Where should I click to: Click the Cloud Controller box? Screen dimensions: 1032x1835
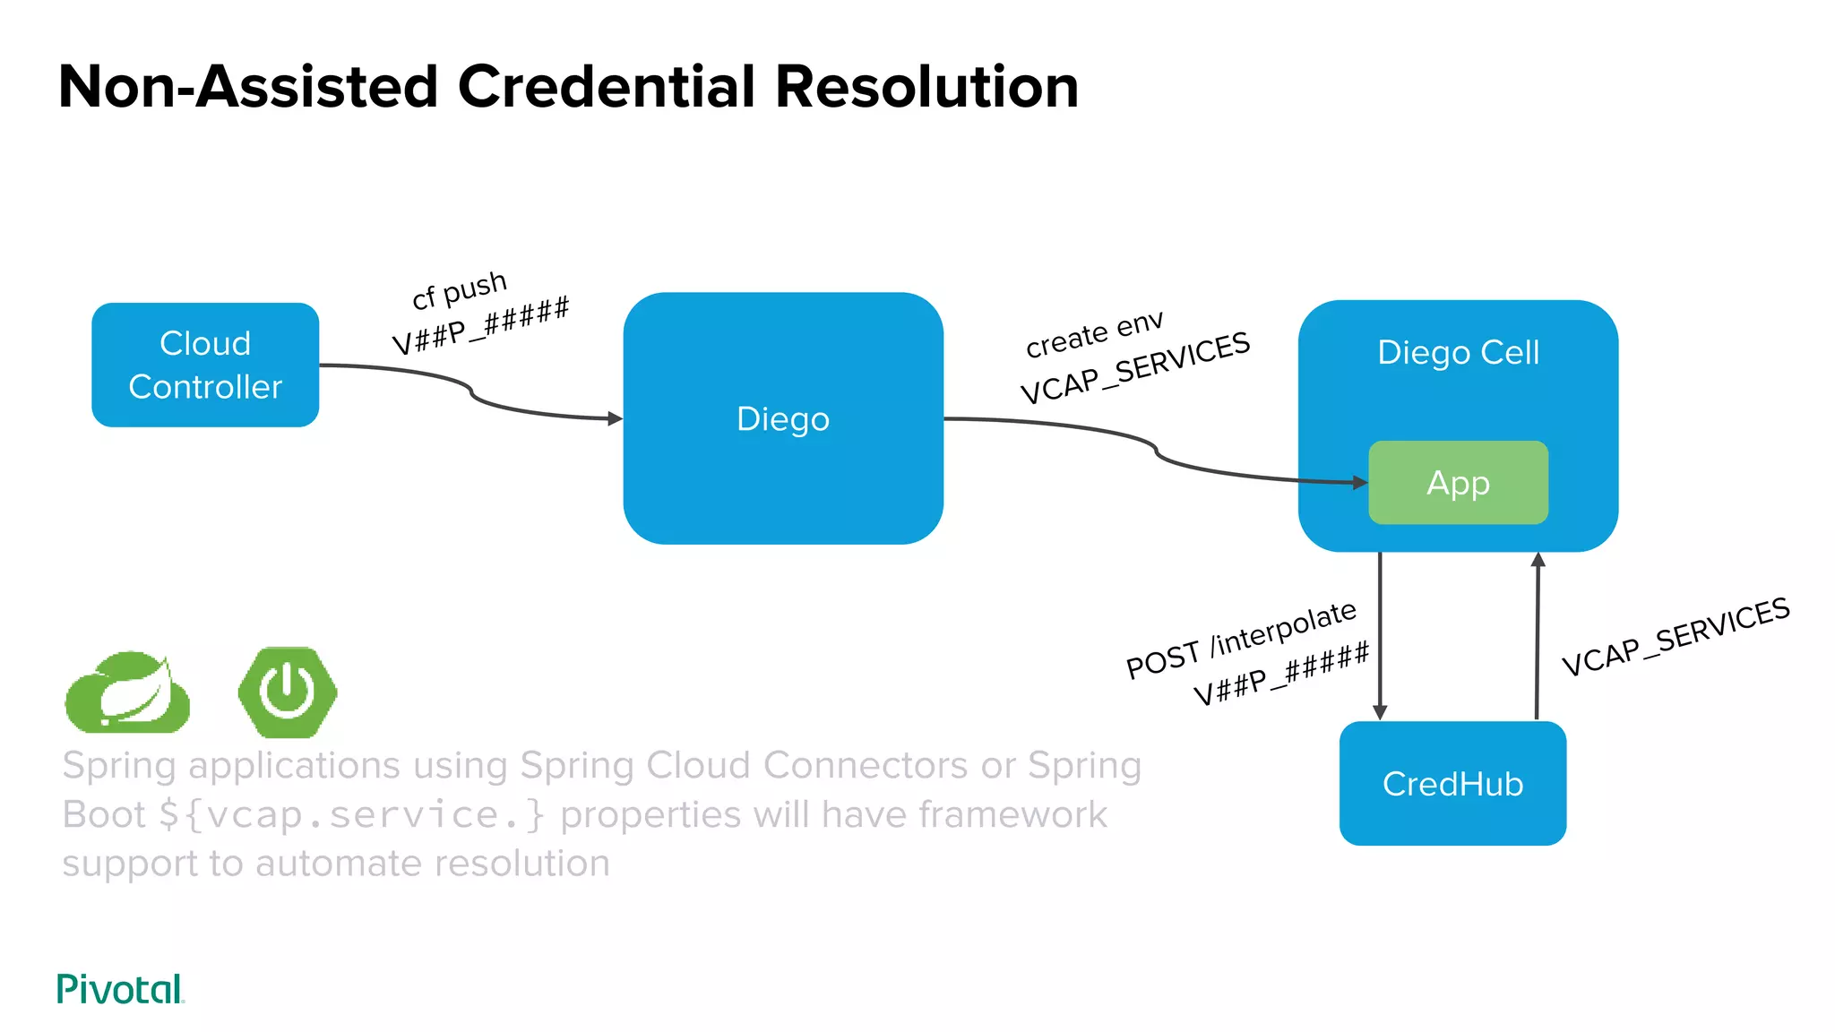(205, 365)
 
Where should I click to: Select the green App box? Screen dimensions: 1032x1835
(1458, 483)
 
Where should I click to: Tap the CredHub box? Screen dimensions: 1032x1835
(1452, 784)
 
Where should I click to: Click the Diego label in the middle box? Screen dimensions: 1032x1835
(782, 419)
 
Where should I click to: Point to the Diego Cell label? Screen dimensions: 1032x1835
(1458, 352)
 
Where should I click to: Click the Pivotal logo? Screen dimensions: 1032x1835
(120, 989)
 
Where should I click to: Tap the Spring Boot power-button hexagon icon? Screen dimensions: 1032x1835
(288, 692)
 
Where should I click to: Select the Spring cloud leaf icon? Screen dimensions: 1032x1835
(128, 692)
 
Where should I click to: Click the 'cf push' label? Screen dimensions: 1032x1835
(460, 289)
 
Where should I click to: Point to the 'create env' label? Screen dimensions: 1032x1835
(1094, 334)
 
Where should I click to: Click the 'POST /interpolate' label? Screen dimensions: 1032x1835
(1241, 640)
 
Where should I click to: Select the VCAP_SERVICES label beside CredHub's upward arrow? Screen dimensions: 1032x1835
(1675, 637)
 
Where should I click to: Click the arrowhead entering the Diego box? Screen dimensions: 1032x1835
(615, 418)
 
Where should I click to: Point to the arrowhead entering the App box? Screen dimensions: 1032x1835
(1360, 483)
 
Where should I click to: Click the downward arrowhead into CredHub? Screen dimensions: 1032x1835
(1380, 712)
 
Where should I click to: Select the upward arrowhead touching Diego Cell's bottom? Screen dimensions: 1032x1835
(1538, 560)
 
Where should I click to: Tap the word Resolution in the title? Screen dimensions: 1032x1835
(926, 87)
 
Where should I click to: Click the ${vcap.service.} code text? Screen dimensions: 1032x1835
(351, 815)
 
